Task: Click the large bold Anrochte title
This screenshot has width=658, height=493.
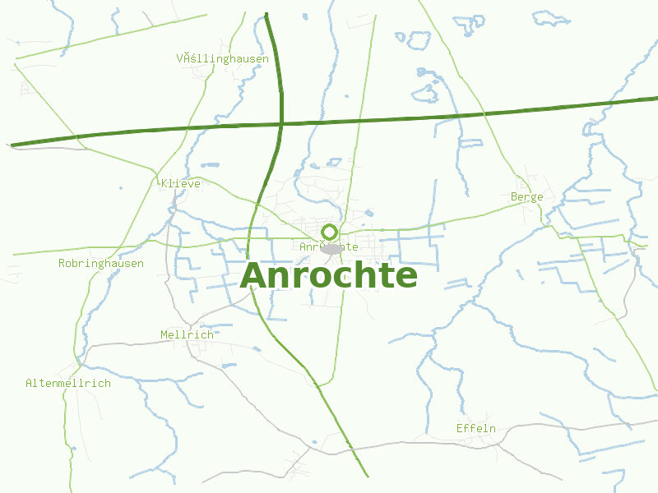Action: pyautogui.click(x=329, y=275)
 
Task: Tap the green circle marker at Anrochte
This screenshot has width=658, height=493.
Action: pyautogui.click(x=330, y=232)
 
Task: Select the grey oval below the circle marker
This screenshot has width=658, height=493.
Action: pyautogui.click(x=331, y=248)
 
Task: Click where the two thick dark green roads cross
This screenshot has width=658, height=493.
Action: pyautogui.click(x=281, y=125)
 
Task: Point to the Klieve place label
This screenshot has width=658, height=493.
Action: pyautogui.click(x=181, y=183)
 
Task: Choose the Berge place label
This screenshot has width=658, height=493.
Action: pyautogui.click(x=526, y=197)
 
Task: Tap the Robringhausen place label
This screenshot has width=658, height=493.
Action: pyautogui.click(x=101, y=264)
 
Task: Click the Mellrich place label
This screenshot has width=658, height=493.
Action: pyautogui.click(x=187, y=334)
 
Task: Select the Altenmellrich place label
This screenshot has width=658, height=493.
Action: pyautogui.click(x=68, y=383)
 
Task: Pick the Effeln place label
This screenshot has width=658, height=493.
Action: pyautogui.click(x=476, y=428)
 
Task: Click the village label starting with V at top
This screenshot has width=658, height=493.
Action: pyautogui.click(x=222, y=59)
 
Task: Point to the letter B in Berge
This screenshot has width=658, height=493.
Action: pyautogui.click(x=514, y=197)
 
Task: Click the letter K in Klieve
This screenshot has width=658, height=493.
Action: pyautogui.click(x=165, y=183)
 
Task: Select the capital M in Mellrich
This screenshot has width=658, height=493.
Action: pyautogui.click(x=164, y=334)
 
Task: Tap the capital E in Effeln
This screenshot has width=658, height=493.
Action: pyautogui.click(x=460, y=428)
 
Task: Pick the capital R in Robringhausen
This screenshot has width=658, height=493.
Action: pyautogui.click(x=62, y=264)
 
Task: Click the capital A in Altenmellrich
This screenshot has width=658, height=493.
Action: pyautogui.click(x=30, y=383)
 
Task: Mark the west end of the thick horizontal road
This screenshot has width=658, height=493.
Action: pyautogui.click(x=12, y=145)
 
